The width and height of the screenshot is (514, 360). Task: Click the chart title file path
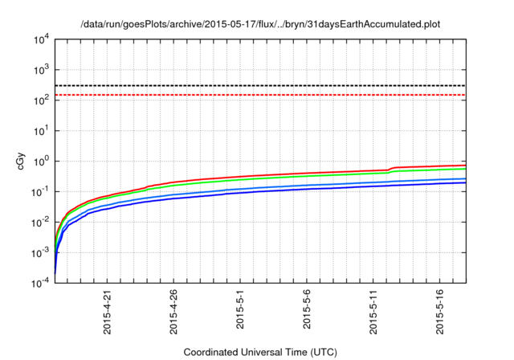click(261, 25)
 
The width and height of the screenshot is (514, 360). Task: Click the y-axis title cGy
click(22, 160)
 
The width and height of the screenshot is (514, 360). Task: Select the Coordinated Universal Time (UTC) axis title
click(260, 352)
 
